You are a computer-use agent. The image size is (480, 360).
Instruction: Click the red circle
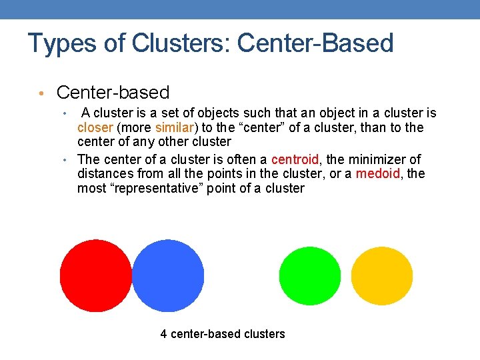pos(95,275)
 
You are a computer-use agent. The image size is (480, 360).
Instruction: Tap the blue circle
pos(169,275)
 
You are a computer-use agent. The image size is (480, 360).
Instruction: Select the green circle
pos(309,275)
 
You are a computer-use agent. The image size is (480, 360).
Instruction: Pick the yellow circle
pos(382,275)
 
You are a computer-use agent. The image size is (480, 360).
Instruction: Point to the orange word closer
pos(95,127)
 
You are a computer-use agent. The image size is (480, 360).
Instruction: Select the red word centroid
pos(295,159)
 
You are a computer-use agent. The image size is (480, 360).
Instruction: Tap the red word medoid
pos(378,174)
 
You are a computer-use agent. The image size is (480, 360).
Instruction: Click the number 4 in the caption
pos(164,334)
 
